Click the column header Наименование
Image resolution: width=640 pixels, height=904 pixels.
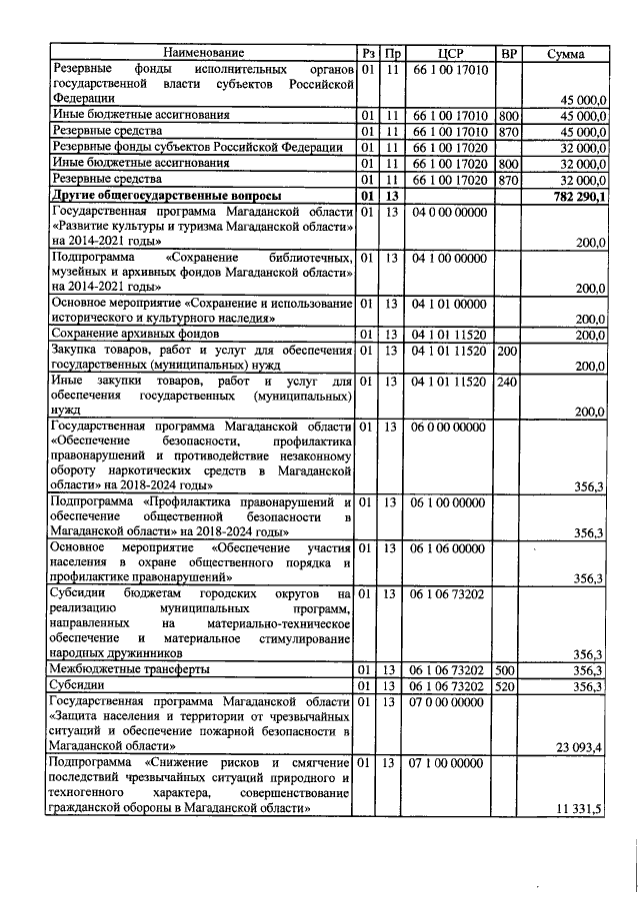[x=203, y=52]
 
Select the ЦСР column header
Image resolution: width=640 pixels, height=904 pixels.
[x=449, y=52]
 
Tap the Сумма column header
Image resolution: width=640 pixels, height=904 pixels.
[x=566, y=53]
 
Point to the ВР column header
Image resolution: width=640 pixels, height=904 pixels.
[x=509, y=52]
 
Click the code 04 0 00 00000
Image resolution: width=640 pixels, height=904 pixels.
[x=449, y=212]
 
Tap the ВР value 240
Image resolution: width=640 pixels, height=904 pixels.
[x=508, y=382]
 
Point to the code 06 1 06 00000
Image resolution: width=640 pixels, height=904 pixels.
[x=449, y=549]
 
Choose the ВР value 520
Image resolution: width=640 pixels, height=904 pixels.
[x=508, y=686]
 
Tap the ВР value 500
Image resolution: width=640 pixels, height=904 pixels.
[x=508, y=670]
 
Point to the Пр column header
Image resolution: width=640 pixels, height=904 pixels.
[x=393, y=52]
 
